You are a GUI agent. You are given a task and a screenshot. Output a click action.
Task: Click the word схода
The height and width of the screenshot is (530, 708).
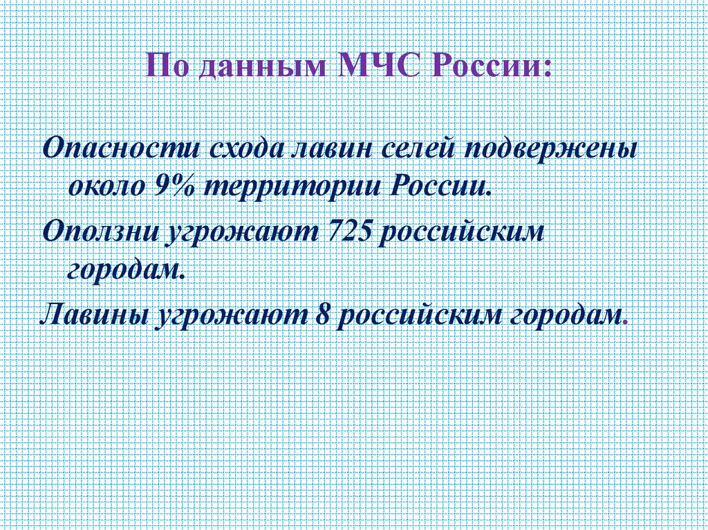(x=245, y=149)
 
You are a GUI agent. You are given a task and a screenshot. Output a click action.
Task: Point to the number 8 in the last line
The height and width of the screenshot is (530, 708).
(x=319, y=314)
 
